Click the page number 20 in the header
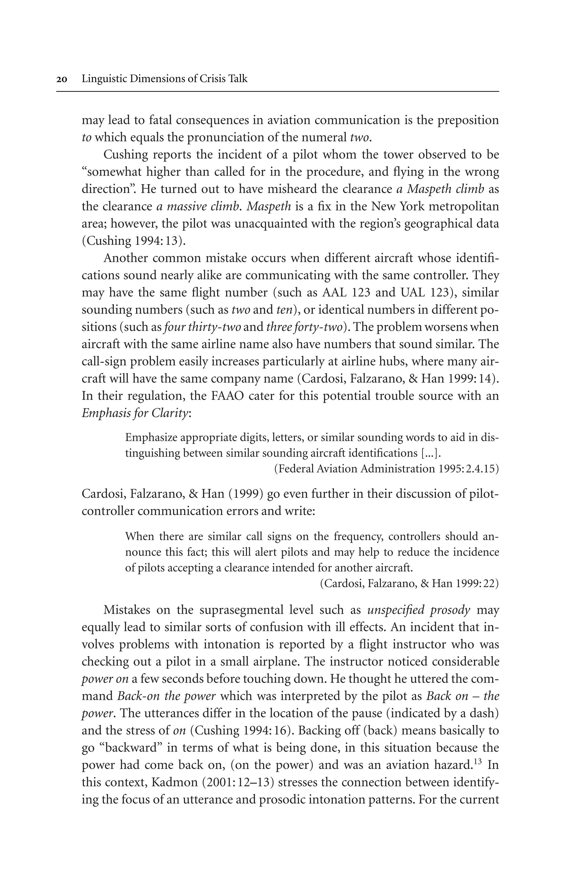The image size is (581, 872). pos(62,79)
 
